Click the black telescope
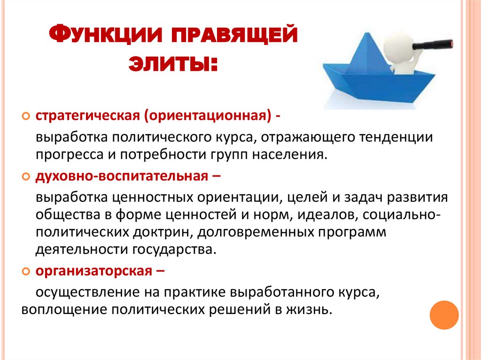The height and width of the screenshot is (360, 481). [x=434, y=45]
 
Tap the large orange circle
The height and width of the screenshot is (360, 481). [x=444, y=314]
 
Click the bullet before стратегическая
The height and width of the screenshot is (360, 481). [x=26, y=116]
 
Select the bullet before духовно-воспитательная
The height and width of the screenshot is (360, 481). [x=26, y=177]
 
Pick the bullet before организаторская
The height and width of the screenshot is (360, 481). [x=26, y=271]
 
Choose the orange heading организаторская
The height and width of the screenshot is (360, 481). [x=94, y=271]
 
